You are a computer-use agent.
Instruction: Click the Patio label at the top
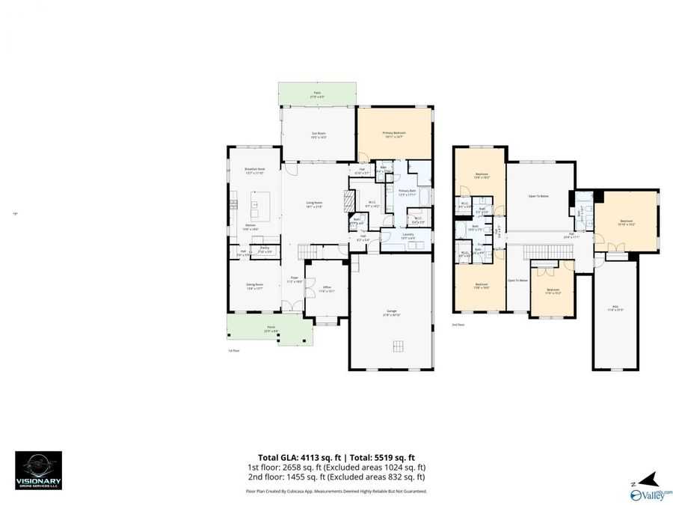tap(316, 94)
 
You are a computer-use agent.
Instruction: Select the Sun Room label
tap(319, 135)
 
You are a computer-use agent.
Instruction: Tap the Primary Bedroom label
tap(393, 135)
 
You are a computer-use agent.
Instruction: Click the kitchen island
tap(260, 203)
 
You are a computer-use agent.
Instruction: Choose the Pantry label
tap(264, 250)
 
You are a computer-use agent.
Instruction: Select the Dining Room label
tap(254, 286)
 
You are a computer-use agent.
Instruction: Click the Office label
tap(327, 289)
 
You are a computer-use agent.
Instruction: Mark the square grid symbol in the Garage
tap(399, 345)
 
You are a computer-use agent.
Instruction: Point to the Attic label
tap(617, 307)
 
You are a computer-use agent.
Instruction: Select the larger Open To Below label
tap(538, 196)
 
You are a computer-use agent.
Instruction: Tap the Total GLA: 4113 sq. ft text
tap(292, 456)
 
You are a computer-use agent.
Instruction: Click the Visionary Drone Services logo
tap(38, 470)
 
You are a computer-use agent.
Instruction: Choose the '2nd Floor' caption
tap(458, 325)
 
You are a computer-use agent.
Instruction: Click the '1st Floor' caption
tap(233, 350)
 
